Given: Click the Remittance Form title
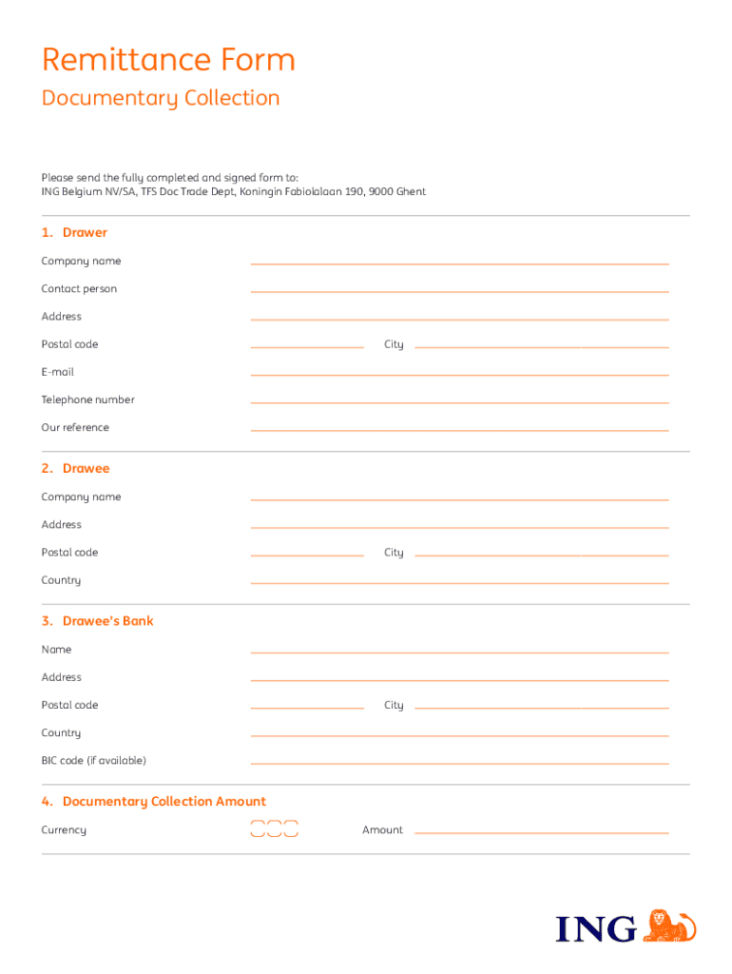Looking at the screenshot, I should (x=168, y=61).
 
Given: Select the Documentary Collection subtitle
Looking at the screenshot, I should (x=161, y=98).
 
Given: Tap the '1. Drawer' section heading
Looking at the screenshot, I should (x=74, y=233).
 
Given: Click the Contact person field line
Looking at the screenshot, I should (x=459, y=290).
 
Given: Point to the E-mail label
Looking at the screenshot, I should (x=57, y=372).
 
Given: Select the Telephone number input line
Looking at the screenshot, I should (x=459, y=401).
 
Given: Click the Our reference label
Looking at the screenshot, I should (x=75, y=428).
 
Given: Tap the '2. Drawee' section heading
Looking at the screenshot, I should (x=76, y=469).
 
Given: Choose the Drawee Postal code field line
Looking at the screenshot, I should (x=307, y=554).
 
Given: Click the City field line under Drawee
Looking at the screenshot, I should (x=541, y=554).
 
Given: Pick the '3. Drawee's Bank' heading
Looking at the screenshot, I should (x=97, y=621).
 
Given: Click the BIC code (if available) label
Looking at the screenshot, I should (x=93, y=761).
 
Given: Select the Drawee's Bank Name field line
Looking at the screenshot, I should (x=459, y=652).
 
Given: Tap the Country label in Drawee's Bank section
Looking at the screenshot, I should (x=61, y=733).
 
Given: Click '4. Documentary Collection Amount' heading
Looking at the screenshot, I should (x=154, y=802).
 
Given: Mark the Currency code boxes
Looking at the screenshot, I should (x=274, y=829).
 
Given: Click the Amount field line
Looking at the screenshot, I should (x=541, y=832).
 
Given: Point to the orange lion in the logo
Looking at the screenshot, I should (x=669, y=926).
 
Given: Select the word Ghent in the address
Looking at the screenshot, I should (x=411, y=192).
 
